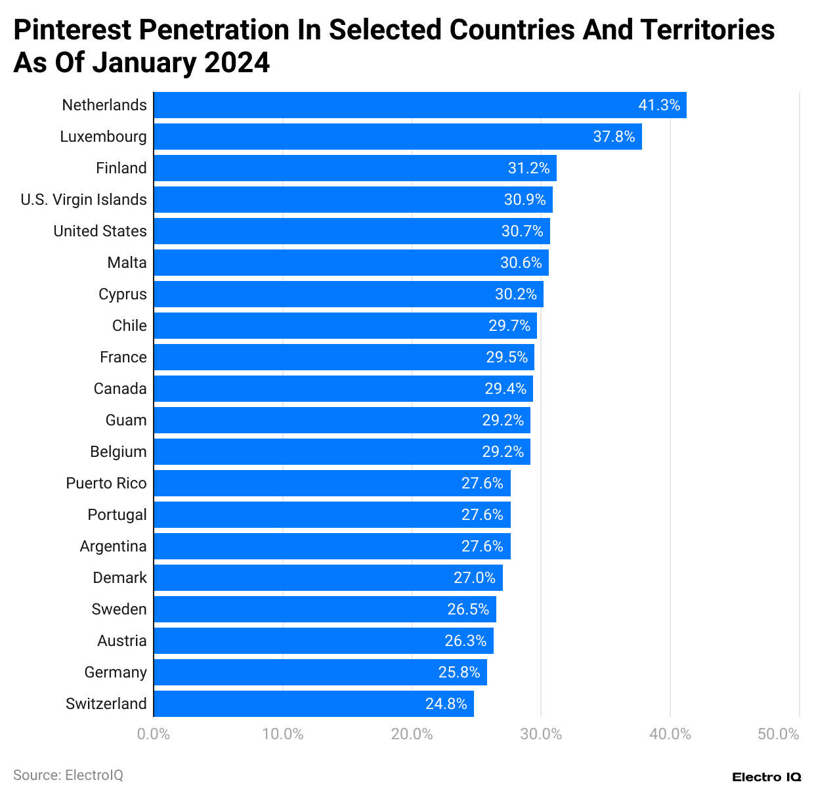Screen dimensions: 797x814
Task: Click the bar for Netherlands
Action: pyautogui.click(x=420, y=105)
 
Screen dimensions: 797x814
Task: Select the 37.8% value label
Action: pyautogui.click(x=614, y=137)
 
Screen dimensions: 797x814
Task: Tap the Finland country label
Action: pyautogui.click(x=121, y=168)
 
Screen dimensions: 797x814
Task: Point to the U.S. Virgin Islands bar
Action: pyautogui.click(x=353, y=200)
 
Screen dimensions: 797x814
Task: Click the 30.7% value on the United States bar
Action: pyautogui.click(x=522, y=231)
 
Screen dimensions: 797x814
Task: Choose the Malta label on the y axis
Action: pyautogui.click(x=127, y=263)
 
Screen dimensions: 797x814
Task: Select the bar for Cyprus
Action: pyautogui.click(x=349, y=294)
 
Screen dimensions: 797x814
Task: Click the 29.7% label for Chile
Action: pyautogui.click(x=509, y=326)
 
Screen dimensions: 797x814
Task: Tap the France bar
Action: pyautogui.click(x=344, y=357)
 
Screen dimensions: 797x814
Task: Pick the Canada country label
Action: pyautogui.click(x=120, y=389)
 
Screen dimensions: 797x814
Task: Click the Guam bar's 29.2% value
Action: pyautogui.click(x=503, y=420)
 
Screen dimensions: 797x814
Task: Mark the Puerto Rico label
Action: pyautogui.click(x=106, y=483)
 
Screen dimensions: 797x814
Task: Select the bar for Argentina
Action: pyautogui.click(x=332, y=546)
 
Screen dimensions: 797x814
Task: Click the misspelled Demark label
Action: pyautogui.click(x=119, y=578)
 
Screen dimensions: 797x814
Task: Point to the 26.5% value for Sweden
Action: pyautogui.click(x=468, y=609)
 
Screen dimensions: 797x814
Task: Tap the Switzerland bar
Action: pyautogui.click(x=314, y=704)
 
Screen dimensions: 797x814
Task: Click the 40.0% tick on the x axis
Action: pyautogui.click(x=670, y=734)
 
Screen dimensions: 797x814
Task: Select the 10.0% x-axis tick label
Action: pyautogui.click(x=282, y=734)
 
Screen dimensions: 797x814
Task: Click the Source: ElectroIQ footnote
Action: pyautogui.click(x=68, y=775)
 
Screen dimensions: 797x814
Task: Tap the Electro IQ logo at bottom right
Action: pyautogui.click(x=766, y=777)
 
